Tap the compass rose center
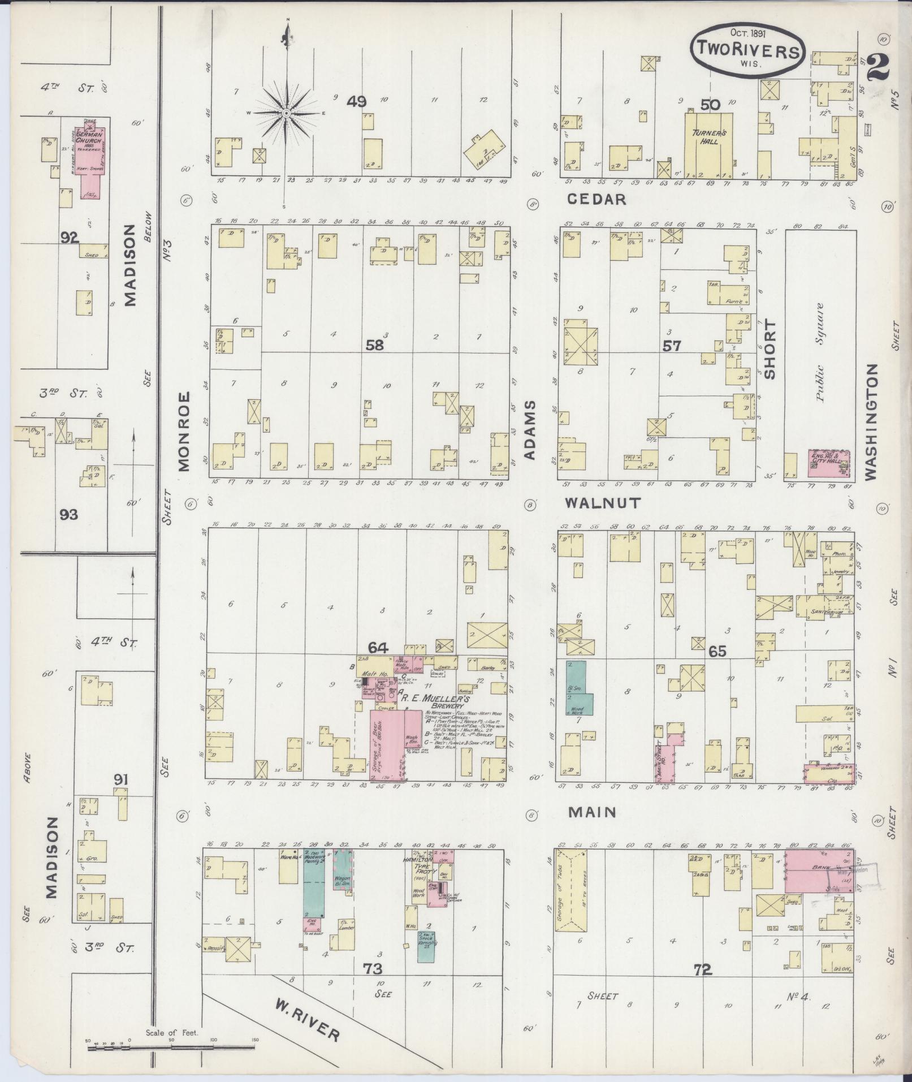coord(287,113)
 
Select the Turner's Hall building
coord(708,144)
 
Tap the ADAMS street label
coord(530,432)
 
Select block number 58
coord(374,345)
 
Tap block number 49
coord(357,102)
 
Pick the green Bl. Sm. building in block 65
coord(578,688)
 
